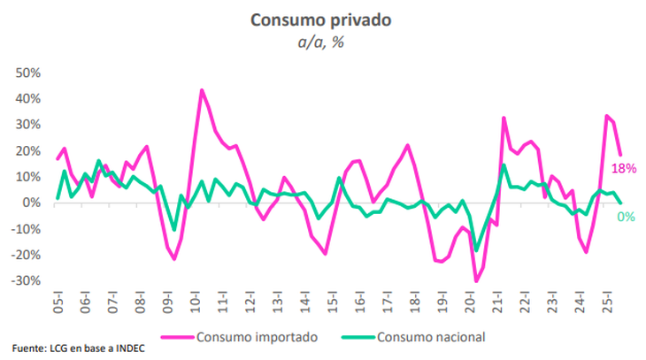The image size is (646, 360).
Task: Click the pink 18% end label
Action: click(x=624, y=168)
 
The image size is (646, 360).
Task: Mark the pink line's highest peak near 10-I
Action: click(x=202, y=90)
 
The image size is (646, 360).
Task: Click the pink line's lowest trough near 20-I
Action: click(x=475, y=281)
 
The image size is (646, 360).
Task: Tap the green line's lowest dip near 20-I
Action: click(x=475, y=251)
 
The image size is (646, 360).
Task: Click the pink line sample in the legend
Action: click(x=178, y=336)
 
